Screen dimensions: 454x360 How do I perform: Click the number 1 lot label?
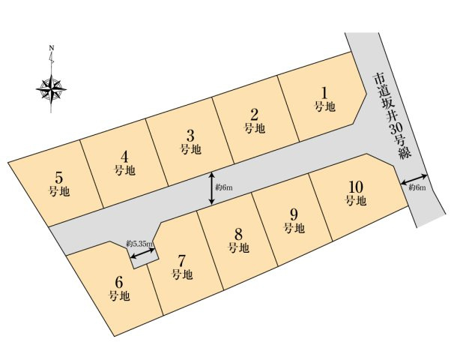pyautogui.click(x=325, y=93)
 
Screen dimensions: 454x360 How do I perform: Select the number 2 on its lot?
pyautogui.click(x=254, y=115)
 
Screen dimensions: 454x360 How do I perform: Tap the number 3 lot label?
pyautogui.click(x=190, y=136)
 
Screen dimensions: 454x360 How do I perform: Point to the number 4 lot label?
pyautogui.click(x=124, y=157)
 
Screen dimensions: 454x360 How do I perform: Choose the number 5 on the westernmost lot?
pyautogui.click(x=58, y=178)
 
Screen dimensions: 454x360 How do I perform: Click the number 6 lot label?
pyautogui.click(x=118, y=282)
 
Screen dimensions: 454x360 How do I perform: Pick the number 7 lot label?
pyautogui.click(x=181, y=261)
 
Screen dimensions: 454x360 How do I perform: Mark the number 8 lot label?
pyautogui.click(x=238, y=234)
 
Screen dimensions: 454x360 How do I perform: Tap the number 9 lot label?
pyautogui.click(x=294, y=215)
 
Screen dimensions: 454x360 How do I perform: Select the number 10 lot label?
pyautogui.click(x=356, y=187)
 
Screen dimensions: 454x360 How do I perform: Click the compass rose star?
pyautogui.click(x=51, y=89)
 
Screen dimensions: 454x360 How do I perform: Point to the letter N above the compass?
pyautogui.click(x=51, y=48)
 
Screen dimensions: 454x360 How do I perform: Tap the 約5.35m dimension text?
pyautogui.click(x=140, y=244)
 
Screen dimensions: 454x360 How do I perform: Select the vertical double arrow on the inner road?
pyautogui.click(x=212, y=188)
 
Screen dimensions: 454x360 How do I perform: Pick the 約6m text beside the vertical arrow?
pyautogui.click(x=224, y=187)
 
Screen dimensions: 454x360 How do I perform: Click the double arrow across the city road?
pyautogui.click(x=414, y=179)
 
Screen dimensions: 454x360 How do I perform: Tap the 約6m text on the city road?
pyautogui.click(x=417, y=187)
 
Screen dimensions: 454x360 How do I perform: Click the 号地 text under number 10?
pyautogui.click(x=356, y=200)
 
